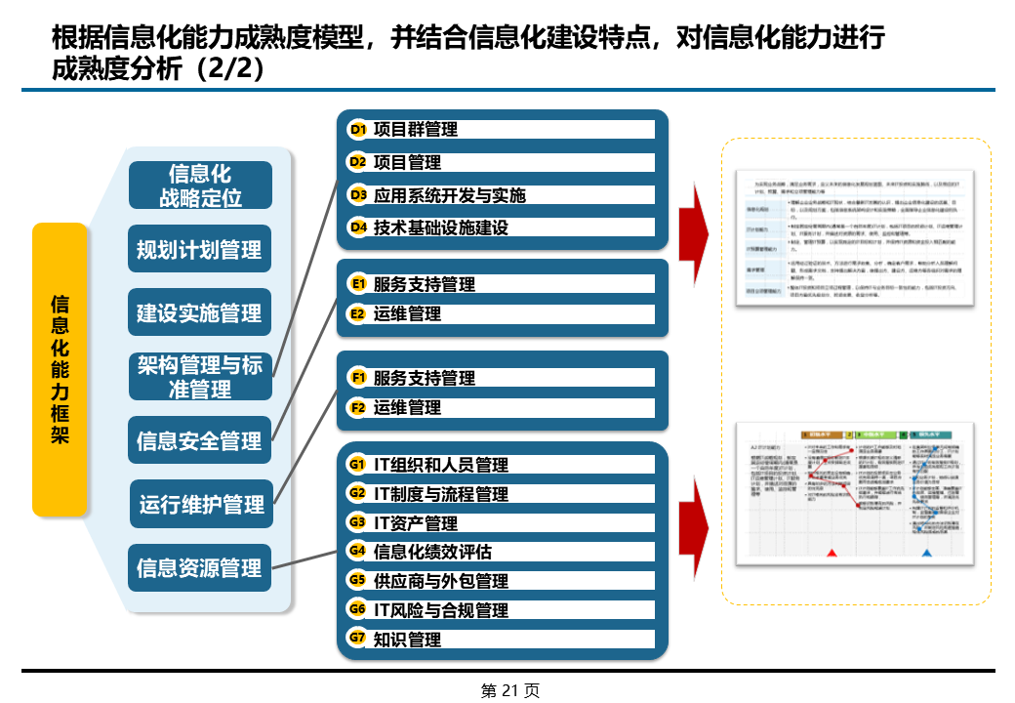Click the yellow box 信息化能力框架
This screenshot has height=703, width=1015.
click(x=60, y=369)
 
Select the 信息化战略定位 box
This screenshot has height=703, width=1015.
click(x=200, y=186)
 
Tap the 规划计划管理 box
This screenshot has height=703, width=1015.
click(x=199, y=249)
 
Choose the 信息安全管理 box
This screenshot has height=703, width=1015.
click(x=199, y=440)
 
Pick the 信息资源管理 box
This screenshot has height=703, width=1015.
click(x=199, y=567)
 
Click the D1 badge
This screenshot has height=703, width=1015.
click(x=358, y=130)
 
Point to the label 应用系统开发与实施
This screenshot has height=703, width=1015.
click(x=449, y=195)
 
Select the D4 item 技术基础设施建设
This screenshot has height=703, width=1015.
click(x=441, y=227)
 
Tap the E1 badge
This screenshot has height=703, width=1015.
click(x=358, y=284)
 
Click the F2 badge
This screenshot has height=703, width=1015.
click(x=358, y=407)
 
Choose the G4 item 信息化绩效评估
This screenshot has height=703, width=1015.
click(x=432, y=552)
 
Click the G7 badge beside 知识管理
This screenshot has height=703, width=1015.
click(x=358, y=639)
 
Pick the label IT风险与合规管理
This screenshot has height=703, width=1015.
click(x=441, y=610)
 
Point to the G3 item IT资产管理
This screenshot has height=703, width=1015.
click(x=416, y=523)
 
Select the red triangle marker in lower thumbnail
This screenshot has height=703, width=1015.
click(x=832, y=553)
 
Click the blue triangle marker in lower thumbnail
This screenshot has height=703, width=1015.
click(x=926, y=553)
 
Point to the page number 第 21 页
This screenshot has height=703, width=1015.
click(x=509, y=690)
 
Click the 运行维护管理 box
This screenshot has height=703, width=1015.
click(x=201, y=504)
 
